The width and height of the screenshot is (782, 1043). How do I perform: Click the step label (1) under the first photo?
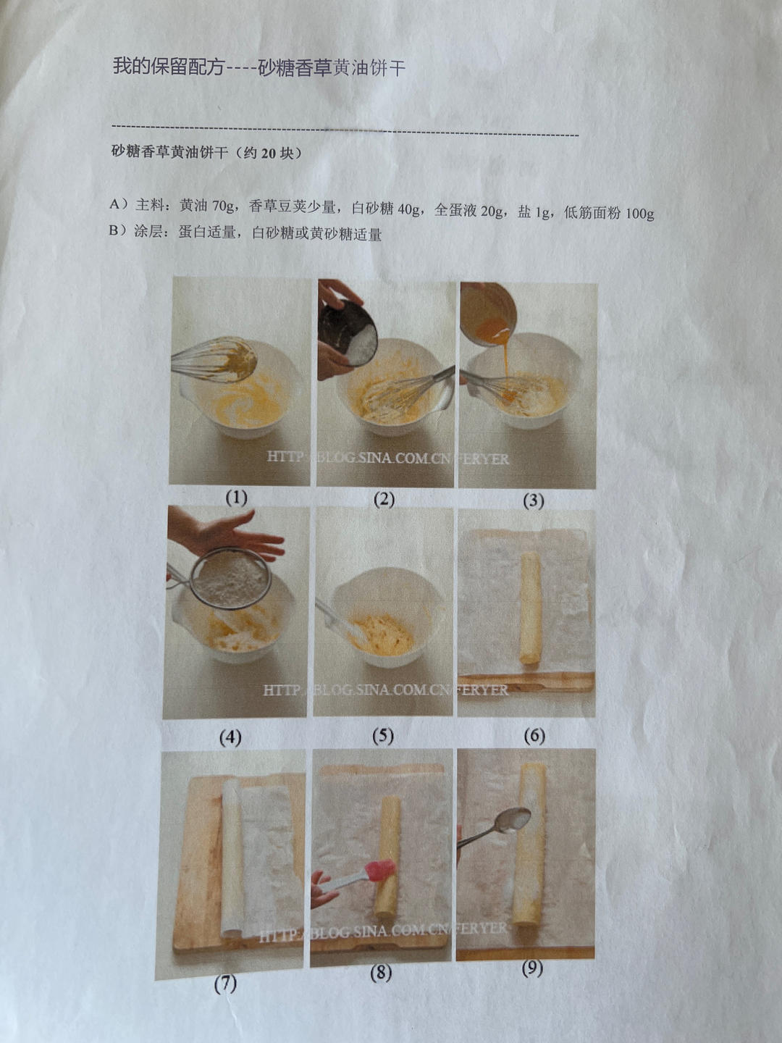(237, 498)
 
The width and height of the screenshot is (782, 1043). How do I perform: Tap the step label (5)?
(383, 736)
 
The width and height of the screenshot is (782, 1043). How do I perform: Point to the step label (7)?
(225, 984)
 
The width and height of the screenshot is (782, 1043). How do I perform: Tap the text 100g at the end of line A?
(639, 214)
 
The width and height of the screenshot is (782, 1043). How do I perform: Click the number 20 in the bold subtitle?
(268, 153)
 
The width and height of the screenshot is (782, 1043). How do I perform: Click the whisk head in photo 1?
(230, 360)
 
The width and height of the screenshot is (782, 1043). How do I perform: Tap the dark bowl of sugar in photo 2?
(348, 332)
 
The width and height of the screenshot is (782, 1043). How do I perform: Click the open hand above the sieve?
(232, 532)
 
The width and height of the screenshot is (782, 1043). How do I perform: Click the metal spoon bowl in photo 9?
(514, 818)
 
